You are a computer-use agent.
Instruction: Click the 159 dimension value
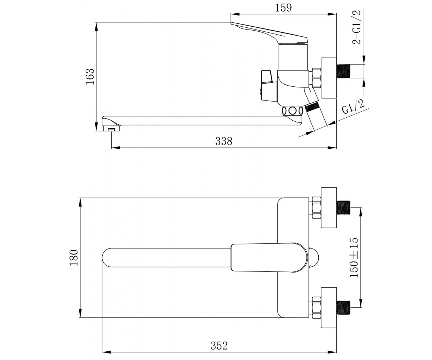283,8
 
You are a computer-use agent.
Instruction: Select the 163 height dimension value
90,76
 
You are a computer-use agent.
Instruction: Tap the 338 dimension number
224,141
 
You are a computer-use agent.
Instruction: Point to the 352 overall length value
219,346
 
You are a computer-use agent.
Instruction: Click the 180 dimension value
74,258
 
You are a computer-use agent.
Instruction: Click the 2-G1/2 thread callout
356,27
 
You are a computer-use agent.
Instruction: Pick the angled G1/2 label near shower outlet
353,107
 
